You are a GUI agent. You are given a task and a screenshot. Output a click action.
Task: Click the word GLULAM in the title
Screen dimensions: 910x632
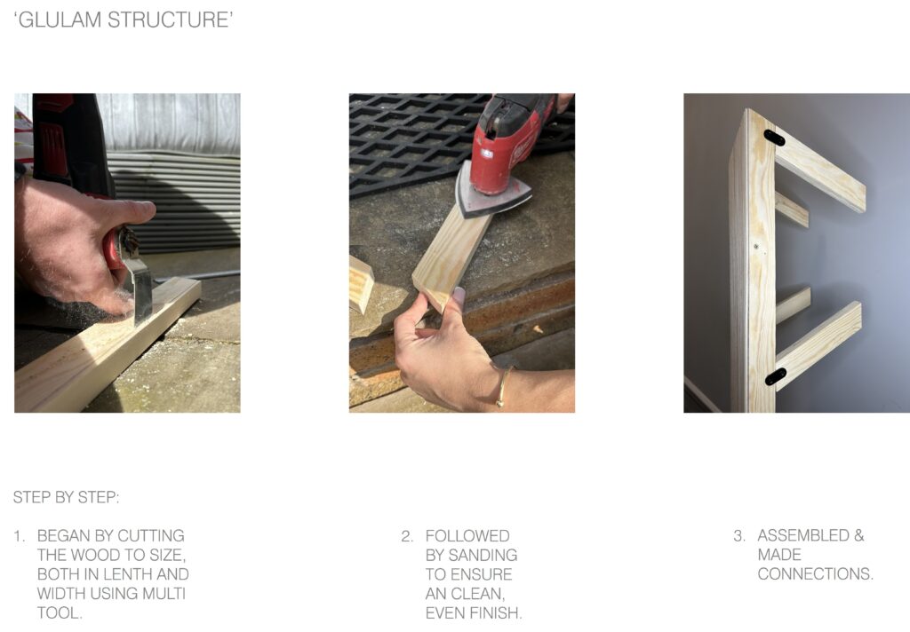point(60,20)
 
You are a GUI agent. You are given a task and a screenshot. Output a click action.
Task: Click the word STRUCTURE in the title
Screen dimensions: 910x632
point(167,20)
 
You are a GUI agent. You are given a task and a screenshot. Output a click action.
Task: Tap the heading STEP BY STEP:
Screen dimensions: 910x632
point(66,497)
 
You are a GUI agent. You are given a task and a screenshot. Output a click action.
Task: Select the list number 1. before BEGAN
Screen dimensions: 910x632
point(20,536)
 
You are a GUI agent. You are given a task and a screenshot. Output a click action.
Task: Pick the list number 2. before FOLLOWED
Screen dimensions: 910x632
point(407,536)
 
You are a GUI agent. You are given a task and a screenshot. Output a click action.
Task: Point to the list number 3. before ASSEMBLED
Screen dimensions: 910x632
point(739,536)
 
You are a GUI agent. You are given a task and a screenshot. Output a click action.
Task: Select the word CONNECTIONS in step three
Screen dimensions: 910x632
point(813,574)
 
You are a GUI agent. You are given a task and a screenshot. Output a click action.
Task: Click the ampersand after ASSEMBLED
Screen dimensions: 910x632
point(859,535)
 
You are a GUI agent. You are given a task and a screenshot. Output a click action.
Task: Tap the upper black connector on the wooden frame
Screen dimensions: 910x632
point(774,138)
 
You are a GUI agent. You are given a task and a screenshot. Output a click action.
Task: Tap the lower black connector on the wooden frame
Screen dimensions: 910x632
point(775,376)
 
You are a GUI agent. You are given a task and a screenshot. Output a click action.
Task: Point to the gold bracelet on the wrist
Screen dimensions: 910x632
point(503,385)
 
